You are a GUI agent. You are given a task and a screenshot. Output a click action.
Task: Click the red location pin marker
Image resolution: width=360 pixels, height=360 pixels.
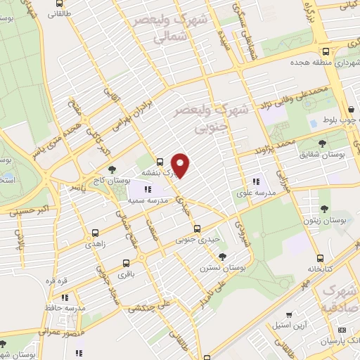[181, 165]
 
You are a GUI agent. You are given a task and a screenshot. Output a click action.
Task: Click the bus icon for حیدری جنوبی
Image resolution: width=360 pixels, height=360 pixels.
[198, 228]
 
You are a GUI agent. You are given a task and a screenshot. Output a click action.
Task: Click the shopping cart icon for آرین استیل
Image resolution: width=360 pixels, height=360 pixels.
[288, 315]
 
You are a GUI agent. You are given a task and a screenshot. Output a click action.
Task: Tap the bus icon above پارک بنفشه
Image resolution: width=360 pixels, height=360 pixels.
[160, 161]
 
